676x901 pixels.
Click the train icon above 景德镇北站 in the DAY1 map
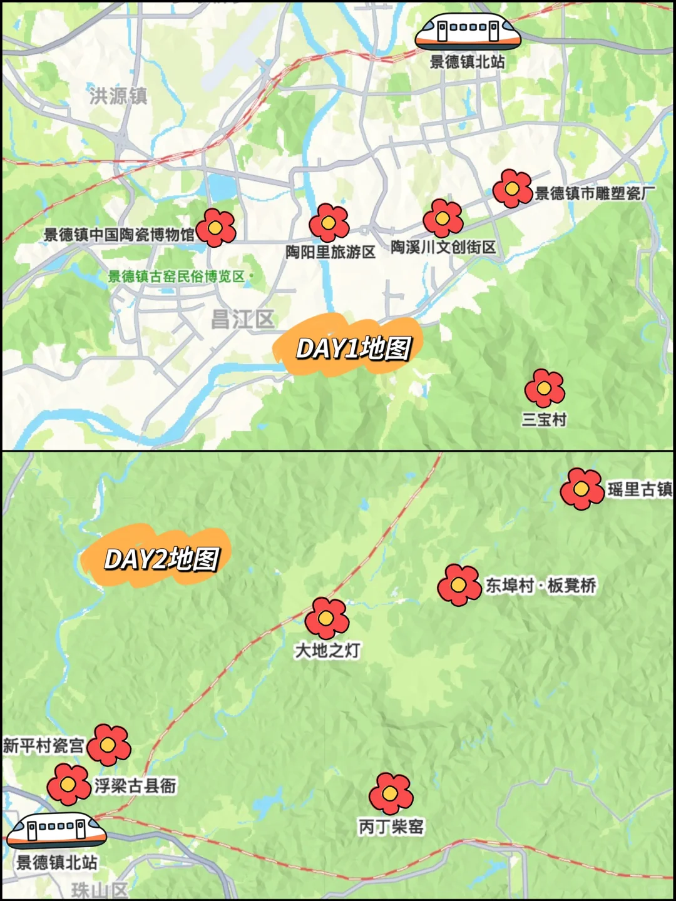(x=468, y=31)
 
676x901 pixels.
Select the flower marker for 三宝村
(x=545, y=388)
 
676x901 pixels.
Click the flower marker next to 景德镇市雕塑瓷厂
(x=512, y=188)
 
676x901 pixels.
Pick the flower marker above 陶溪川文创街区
(x=443, y=218)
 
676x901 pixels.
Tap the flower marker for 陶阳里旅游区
(x=329, y=223)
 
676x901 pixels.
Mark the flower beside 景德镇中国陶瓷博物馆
(x=216, y=228)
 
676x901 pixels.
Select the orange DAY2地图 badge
(x=160, y=557)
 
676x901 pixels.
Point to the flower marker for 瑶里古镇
(x=581, y=489)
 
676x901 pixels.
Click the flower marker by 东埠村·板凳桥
(x=459, y=585)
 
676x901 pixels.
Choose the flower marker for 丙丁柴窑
(x=391, y=793)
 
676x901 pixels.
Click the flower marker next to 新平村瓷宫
(x=109, y=745)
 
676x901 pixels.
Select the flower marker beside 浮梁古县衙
(x=69, y=784)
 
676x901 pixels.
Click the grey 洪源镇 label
(x=118, y=96)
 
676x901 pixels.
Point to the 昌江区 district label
(x=242, y=320)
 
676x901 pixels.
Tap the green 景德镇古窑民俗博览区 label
(x=177, y=276)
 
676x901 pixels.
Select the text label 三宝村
(x=544, y=419)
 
